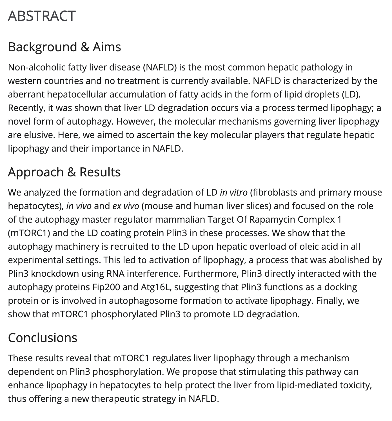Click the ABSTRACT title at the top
[x=42, y=16]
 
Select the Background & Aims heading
[x=64, y=47]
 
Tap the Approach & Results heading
[x=64, y=172]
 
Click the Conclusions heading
[x=43, y=338]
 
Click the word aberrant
[x=26, y=94]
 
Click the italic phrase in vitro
[x=233, y=192]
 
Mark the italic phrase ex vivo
[x=126, y=206]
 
